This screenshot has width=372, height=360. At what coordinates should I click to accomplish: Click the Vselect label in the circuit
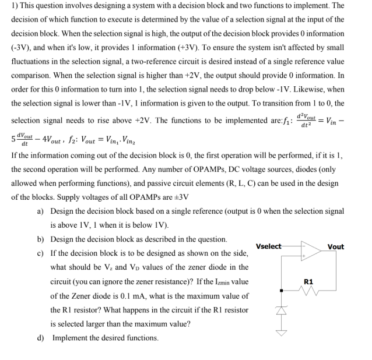[x=268, y=246]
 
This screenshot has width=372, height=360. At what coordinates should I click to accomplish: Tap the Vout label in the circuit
[x=336, y=246]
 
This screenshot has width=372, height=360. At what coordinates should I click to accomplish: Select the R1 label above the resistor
[x=309, y=281]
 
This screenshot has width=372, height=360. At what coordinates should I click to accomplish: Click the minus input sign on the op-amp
[x=303, y=247]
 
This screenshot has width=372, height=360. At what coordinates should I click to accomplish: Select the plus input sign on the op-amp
[x=303, y=257]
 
